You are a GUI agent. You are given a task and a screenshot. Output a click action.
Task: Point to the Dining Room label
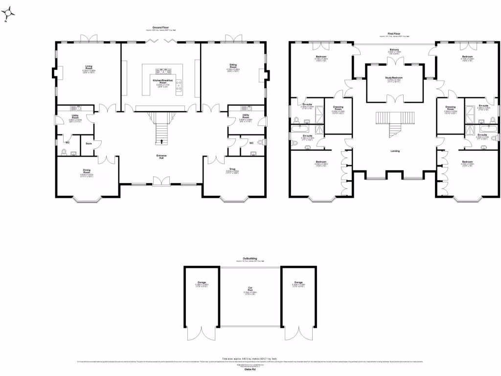coord(87,171)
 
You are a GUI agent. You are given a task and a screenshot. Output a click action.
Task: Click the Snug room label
coord(232,169)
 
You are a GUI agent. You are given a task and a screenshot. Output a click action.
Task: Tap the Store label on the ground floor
coord(89,143)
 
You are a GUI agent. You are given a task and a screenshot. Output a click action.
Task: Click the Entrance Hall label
coord(161,155)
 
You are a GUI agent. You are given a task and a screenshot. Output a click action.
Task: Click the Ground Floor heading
coord(161,27)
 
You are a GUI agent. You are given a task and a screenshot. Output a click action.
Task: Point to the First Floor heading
coord(394,34)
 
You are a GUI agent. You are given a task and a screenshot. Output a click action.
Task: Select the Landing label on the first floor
coord(395,151)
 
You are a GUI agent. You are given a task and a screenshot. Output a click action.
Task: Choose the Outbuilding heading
coord(250,258)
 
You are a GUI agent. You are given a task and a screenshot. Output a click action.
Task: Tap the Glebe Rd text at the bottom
coord(250,370)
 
